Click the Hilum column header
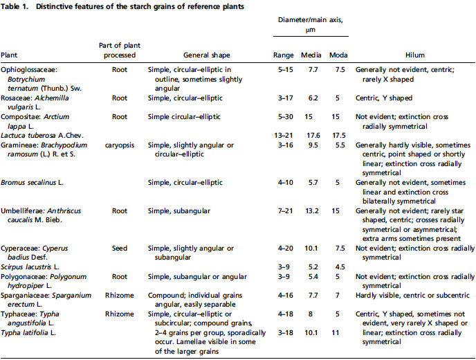point(414,55)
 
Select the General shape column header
point(206,55)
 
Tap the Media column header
point(311,55)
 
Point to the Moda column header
point(338,55)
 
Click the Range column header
point(283,55)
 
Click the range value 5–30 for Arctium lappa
point(285,117)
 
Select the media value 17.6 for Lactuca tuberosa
point(313,136)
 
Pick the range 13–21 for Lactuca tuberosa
point(284,136)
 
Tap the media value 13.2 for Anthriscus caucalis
point(312,211)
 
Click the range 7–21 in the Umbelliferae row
point(285,211)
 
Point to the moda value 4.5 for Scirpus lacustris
point(340,267)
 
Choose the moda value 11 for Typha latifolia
point(335,333)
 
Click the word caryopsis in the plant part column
point(120,145)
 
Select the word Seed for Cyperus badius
point(119,249)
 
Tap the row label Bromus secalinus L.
point(32,183)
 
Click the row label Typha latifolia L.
point(28,333)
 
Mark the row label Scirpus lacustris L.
point(30,267)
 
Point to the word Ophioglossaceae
point(29,70)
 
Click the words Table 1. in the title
point(15,6)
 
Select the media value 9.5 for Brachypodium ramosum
point(313,145)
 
